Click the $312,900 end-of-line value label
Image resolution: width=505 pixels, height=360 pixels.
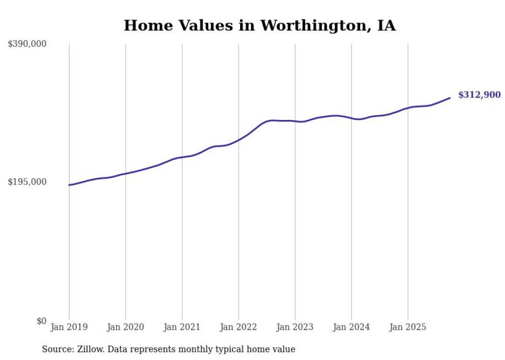479,95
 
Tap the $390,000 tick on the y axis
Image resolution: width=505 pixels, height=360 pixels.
27,44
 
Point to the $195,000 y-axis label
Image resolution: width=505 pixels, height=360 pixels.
27,182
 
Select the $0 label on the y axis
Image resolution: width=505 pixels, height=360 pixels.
41,321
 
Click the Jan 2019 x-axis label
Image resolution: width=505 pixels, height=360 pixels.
69,327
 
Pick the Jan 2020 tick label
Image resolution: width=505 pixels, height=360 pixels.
125,327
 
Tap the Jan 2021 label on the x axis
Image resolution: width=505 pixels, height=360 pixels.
182,327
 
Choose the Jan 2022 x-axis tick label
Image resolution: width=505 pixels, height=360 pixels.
238,327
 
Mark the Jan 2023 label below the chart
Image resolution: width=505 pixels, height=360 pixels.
295,327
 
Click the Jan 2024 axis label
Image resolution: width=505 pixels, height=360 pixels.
351,327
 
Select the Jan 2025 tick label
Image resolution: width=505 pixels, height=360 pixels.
408,327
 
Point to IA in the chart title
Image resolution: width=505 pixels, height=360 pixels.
386,26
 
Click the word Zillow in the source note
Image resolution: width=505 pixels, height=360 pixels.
91,349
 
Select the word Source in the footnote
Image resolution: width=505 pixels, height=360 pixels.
55,349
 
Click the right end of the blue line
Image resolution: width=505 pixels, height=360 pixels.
450,98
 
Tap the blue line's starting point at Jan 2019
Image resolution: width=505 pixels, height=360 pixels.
69,185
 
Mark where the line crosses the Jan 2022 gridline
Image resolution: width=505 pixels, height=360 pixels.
239,140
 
